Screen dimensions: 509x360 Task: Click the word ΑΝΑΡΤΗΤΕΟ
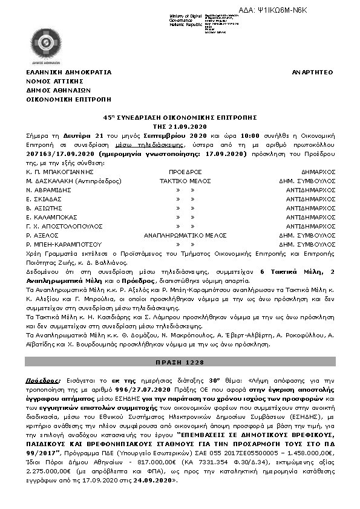(312, 72)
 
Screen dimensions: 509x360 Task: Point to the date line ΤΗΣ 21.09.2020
(180, 126)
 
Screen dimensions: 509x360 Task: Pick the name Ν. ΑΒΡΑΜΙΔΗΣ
(45, 190)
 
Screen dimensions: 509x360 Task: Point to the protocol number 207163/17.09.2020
(53, 154)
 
